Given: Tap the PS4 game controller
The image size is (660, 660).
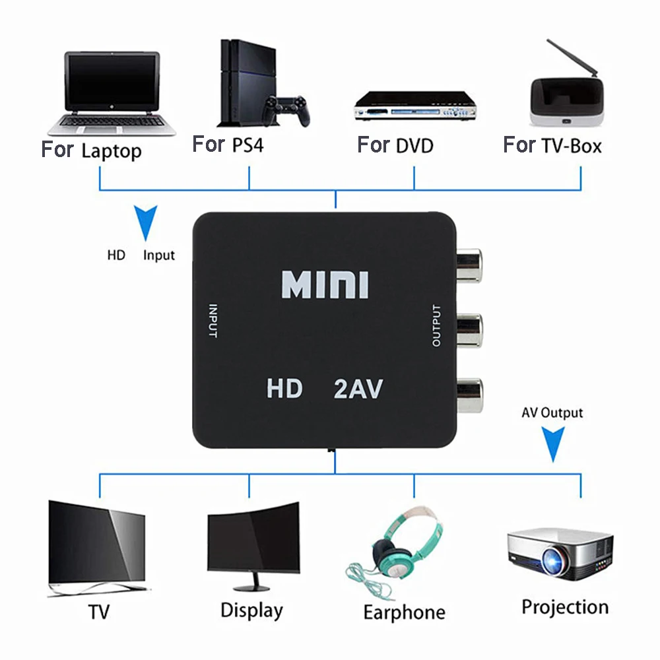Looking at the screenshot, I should (286, 110).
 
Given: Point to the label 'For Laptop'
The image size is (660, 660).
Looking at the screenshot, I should (91, 150).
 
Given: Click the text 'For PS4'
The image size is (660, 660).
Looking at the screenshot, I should (228, 145).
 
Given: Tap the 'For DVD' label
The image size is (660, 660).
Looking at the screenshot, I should (395, 145).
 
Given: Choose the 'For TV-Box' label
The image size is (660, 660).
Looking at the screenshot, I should (552, 145).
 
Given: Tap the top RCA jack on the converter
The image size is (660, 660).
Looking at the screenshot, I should (470, 263).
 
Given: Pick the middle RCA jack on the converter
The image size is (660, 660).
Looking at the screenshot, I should (470, 327).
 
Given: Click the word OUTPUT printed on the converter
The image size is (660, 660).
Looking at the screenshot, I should (436, 325).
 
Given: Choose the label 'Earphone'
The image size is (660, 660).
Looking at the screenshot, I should (404, 612).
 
